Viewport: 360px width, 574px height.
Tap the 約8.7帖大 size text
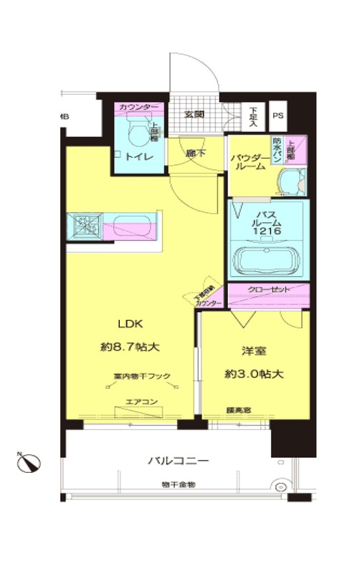tap(129, 347)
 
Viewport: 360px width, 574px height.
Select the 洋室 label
tap(254, 352)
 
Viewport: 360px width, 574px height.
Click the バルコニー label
tap(179, 460)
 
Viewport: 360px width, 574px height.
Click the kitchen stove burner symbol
tap(83, 225)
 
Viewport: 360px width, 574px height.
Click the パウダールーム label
tap(249, 162)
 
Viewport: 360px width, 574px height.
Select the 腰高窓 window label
tap(238, 411)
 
